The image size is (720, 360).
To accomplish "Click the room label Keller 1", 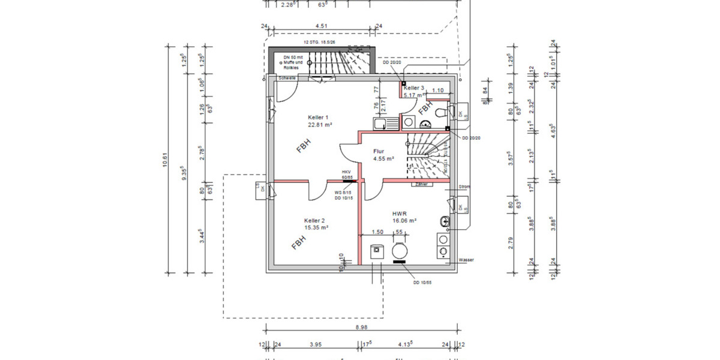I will coord(318,117).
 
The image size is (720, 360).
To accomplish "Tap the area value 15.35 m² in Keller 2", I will coord(316,228).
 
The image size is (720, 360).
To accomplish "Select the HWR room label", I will coord(400,213).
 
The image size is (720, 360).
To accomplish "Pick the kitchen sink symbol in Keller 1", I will coord(386,124).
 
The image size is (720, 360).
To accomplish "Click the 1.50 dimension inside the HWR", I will coord(377,232).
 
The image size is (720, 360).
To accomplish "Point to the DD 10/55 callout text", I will coord(423,282).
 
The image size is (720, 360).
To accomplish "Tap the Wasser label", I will coord(467,260).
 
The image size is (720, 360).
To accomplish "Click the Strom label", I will coord(464,187).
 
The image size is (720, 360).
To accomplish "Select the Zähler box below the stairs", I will coord(421,185).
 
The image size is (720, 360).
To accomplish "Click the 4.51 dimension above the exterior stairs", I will coord(321,26).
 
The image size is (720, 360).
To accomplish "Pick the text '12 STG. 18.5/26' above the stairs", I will coord(320,43).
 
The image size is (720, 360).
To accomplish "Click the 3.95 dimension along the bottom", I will coord(316,344).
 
